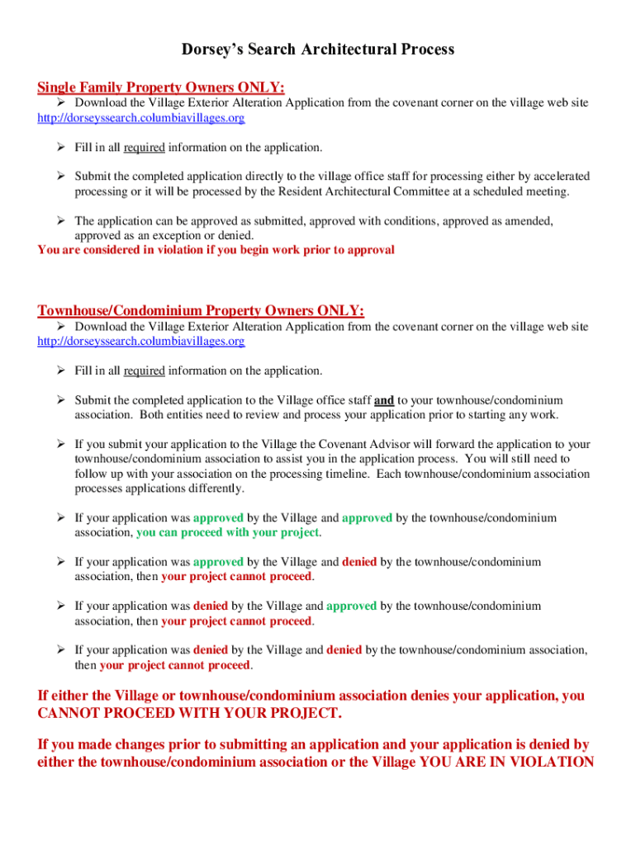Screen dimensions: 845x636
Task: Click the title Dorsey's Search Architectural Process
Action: [318, 50]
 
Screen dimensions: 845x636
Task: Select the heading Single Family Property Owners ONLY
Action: [161, 87]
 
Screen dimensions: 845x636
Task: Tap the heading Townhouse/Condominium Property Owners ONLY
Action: [201, 310]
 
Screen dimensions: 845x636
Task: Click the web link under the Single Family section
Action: [141, 118]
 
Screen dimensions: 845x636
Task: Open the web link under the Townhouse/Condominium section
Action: [141, 341]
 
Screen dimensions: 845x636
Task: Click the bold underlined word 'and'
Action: [384, 400]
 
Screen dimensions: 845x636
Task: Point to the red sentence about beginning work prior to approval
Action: [216, 249]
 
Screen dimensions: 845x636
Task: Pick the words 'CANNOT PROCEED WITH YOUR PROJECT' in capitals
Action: [188, 712]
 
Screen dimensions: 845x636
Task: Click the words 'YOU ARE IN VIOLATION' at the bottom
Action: [506, 762]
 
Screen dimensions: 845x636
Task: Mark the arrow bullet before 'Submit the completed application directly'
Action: [61, 177]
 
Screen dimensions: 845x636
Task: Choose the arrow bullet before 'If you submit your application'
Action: [61, 445]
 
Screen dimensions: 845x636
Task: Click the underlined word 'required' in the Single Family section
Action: [145, 148]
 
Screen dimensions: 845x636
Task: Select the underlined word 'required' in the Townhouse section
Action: [145, 371]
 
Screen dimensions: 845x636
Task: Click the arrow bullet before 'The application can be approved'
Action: [61, 221]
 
